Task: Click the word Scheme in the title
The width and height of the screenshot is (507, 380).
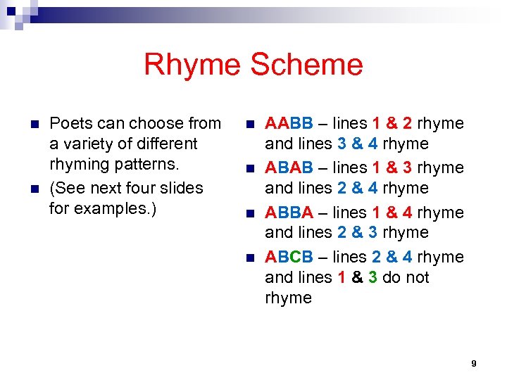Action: pyautogui.click(x=306, y=65)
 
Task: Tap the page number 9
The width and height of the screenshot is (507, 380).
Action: pyautogui.click(x=474, y=363)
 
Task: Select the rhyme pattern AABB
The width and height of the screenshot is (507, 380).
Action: pyautogui.click(x=289, y=124)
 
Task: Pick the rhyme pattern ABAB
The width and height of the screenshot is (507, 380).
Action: pyautogui.click(x=289, y=168)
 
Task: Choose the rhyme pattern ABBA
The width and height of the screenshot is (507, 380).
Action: pyautogui.click(x=289, y=213)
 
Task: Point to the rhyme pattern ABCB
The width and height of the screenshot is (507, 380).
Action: pyautogui.click(x=289, y=257)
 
